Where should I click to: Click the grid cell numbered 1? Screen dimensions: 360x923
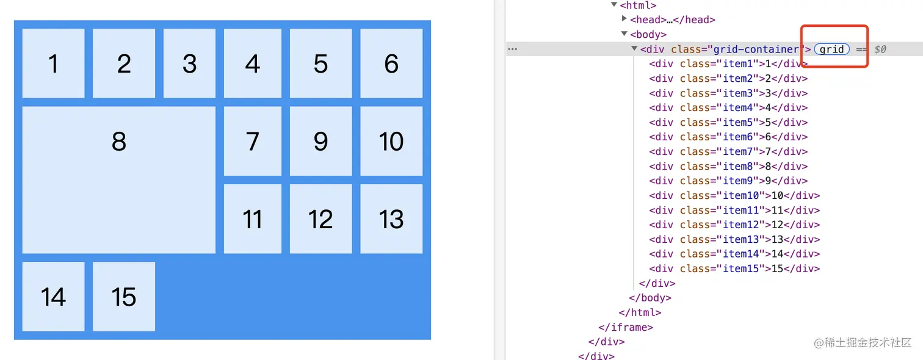click(x=53, y=63)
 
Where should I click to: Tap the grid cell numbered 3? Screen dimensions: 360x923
click(x=189, y=63)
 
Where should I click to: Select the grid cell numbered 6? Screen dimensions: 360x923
click(x=391, y=63)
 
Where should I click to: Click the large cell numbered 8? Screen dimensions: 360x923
click(x=119, y=179)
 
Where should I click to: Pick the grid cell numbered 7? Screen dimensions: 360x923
click(x=253, y=141)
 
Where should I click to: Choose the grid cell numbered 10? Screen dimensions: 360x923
click(x=391, y=141)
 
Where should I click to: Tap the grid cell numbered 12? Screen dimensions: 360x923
click(x=320, y=218)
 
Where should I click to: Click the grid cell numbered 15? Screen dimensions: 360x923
click(x=124, y=297)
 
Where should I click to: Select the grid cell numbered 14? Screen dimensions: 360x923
click(x=53, y=297)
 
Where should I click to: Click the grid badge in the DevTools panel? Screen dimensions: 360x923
click(x=831, y=49)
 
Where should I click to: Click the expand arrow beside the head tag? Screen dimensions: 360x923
click(x=624, y=20)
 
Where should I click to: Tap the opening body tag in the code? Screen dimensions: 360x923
click(x=648, y=35)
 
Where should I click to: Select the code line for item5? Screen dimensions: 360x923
click(x=728, y=123)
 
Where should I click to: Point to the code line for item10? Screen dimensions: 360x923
click(x=734, y=196)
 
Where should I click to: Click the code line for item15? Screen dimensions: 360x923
click(x=734, y=269)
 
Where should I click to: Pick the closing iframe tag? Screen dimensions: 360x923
click(x=626, y=328)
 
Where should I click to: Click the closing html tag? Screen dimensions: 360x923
click(x=640, y=313)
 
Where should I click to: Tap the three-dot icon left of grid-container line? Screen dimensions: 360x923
click(x=513, y=49)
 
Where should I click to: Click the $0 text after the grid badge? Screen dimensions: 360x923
click(x=880, y=49)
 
